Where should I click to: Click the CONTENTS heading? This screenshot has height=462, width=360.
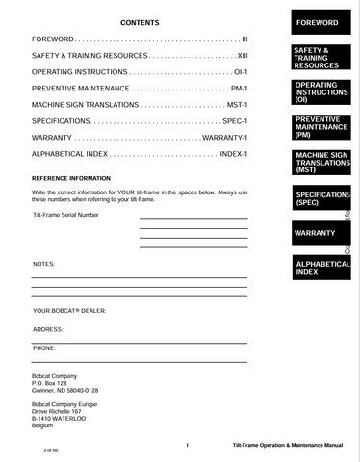pyautogui.click(x=140, y=22)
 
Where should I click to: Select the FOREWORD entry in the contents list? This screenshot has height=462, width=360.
pyautogui.click(x=53, y=39)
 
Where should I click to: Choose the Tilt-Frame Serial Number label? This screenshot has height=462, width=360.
pyautogui.click(x=65, y=215)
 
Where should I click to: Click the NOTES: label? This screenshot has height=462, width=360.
pyautogui.click(x=43, y=263)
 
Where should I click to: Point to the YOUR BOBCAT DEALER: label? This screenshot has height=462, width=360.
pyautogui.click(x=69, y=311)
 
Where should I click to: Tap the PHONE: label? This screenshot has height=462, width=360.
pyautogui.click(x=44, y=346)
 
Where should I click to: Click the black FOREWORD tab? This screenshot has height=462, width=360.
pyautogui.click(x=317, y=22)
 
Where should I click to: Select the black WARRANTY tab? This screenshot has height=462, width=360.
pyautogui.click(x=315, y=233)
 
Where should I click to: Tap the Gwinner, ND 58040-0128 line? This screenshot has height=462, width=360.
pyautogui.click(x=65, y=391)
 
